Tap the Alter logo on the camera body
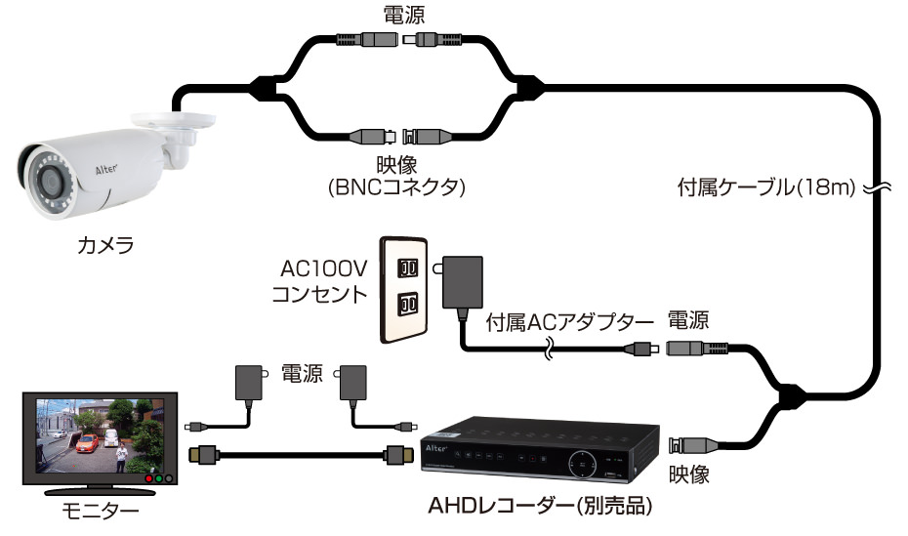click(104, 168)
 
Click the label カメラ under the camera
click(105, 246)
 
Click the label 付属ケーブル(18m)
click(764, 186)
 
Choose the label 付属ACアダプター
click(568, 320)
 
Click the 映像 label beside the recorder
click(688, 475)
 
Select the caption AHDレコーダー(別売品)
click(540, 508)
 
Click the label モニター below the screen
click(99, 510)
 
